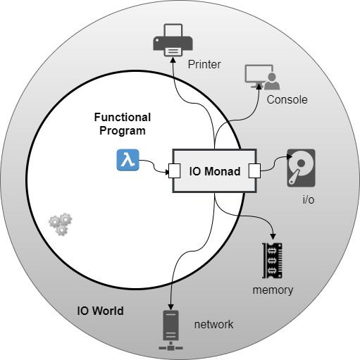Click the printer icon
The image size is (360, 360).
(x=173, y=40)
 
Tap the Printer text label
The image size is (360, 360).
(x=204, y=65)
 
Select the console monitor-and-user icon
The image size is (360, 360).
(x=262, y=77)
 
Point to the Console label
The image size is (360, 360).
(x=287, y=100)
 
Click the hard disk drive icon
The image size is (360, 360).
(x=301, y=168)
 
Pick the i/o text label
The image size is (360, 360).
(x=309, y=199)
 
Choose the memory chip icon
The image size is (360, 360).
(x=272, y=261)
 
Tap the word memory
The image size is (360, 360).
(x=273, y=290)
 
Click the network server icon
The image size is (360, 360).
(x=170, y=330)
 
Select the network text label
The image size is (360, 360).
(x=213, y=325)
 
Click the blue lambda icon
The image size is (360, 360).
(x=128, y=160)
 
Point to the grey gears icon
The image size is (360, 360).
(x=61, y=224)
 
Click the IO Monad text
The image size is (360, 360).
(x=215, y=171)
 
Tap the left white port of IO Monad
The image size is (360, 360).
(x=175, y=170)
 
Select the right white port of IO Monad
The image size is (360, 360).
(x=254, y=170)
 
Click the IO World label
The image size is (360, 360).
(x=100, y=311)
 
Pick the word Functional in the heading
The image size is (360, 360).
(x=123, y=117)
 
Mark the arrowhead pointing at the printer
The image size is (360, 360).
(x=173, y=60)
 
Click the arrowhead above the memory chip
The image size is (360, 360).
(x=273, y=237)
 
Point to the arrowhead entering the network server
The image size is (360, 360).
(x=170, y=307)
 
